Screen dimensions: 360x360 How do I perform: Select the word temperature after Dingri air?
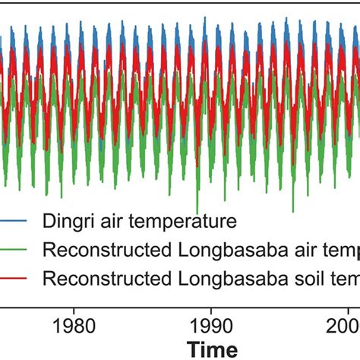(x=179, y=222)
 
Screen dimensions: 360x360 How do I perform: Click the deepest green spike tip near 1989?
(x=197, y=213)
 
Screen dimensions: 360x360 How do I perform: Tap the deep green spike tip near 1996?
(x=293, y=210)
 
